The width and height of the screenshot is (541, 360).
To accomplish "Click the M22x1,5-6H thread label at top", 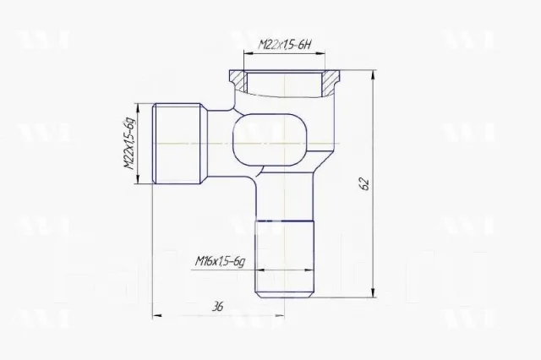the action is coord(285,45).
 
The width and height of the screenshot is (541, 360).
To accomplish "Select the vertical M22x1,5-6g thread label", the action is coord(129,144).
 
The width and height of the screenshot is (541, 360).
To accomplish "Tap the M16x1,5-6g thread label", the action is coord(220,261).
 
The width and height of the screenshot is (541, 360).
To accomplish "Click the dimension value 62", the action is coord(364,184).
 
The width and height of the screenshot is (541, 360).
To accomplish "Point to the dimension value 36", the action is coord(217,306).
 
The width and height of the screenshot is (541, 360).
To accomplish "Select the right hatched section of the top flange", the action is coord(331,82).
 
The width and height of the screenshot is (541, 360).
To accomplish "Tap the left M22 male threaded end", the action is coord(177,144).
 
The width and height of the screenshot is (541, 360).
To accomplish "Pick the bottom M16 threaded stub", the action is coord(284,259).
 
